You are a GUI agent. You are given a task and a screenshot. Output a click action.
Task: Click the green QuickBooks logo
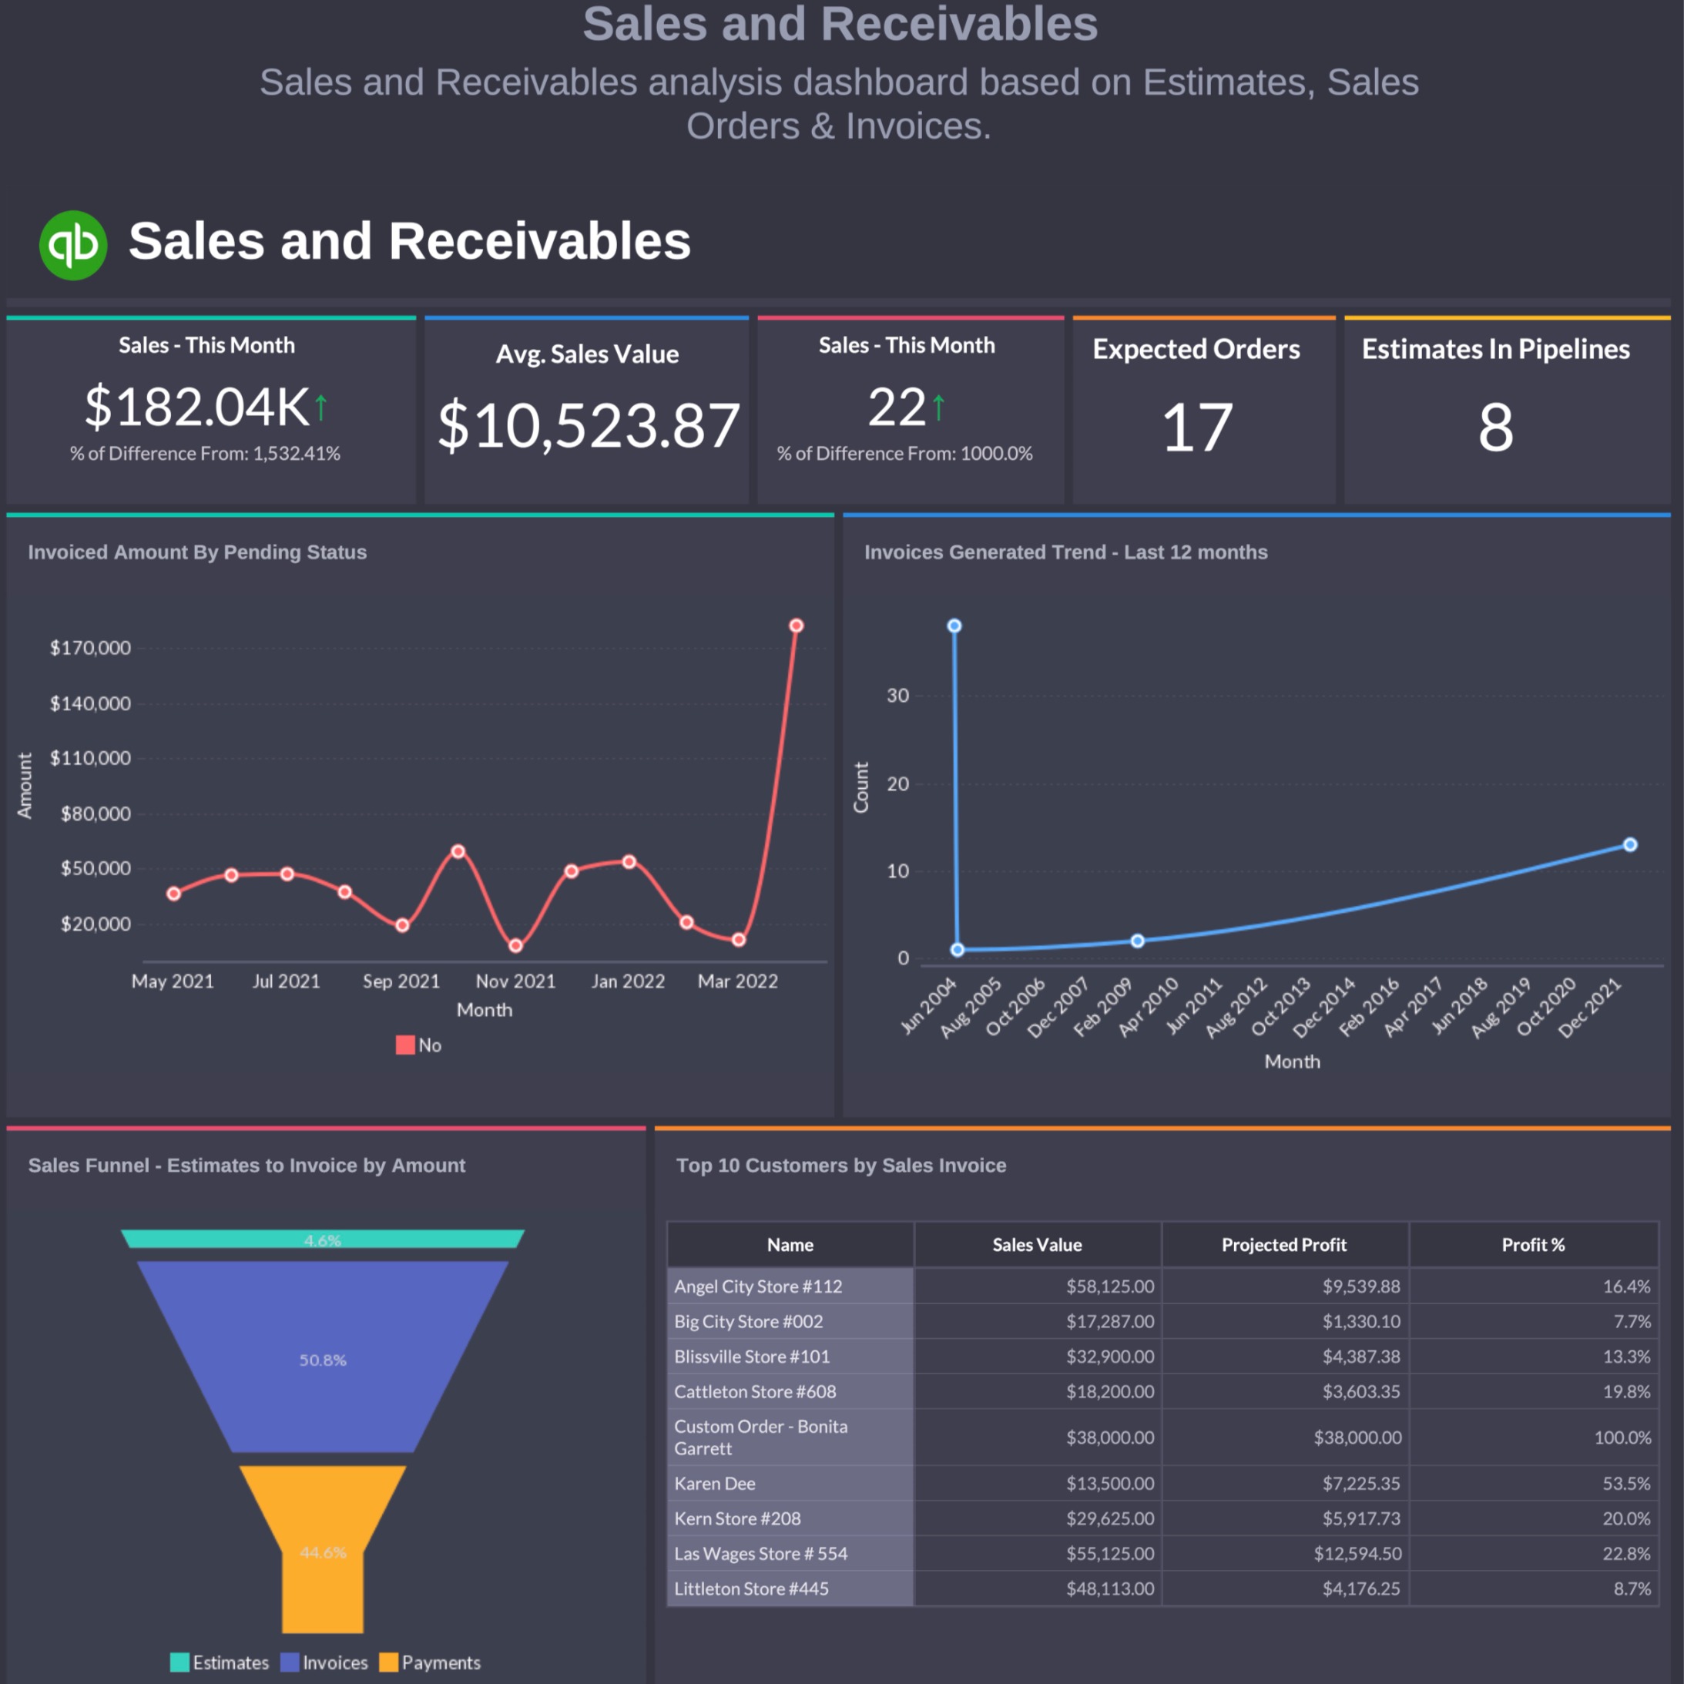tap(73, 245)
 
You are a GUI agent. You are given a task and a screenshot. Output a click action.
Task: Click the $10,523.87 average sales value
tap(589, 426)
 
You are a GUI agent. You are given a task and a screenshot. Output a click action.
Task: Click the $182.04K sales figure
tap(197, 407)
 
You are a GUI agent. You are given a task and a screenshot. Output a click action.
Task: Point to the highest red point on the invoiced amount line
tap(796, 626)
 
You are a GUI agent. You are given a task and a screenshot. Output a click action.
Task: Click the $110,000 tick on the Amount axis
tap(90, 758)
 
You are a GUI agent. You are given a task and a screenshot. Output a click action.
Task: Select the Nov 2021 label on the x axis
tap(515, 981)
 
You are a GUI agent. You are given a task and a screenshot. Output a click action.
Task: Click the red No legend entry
tap(419, 1045)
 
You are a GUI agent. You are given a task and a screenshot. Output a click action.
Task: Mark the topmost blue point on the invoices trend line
tap(954, 626)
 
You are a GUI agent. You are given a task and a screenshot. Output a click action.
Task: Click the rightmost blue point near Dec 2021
tap(1630, 844)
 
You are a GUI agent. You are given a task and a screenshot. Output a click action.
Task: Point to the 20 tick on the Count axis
tap(897, 783)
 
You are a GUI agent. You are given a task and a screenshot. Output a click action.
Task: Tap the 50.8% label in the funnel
tap(323, 1360)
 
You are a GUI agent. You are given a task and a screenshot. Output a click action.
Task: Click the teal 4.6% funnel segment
tap(323, 1240)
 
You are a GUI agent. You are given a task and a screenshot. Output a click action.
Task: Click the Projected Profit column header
tap(1284, 1245)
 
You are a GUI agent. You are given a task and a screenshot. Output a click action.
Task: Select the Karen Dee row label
tap(715, 1484)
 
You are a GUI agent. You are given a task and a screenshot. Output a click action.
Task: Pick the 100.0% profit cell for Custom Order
tap(1622, 1437)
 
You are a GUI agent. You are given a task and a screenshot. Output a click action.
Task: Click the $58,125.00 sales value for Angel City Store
tap(1109, 1286)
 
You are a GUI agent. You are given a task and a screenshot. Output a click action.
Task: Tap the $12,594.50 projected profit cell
tap(1357, 1553)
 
